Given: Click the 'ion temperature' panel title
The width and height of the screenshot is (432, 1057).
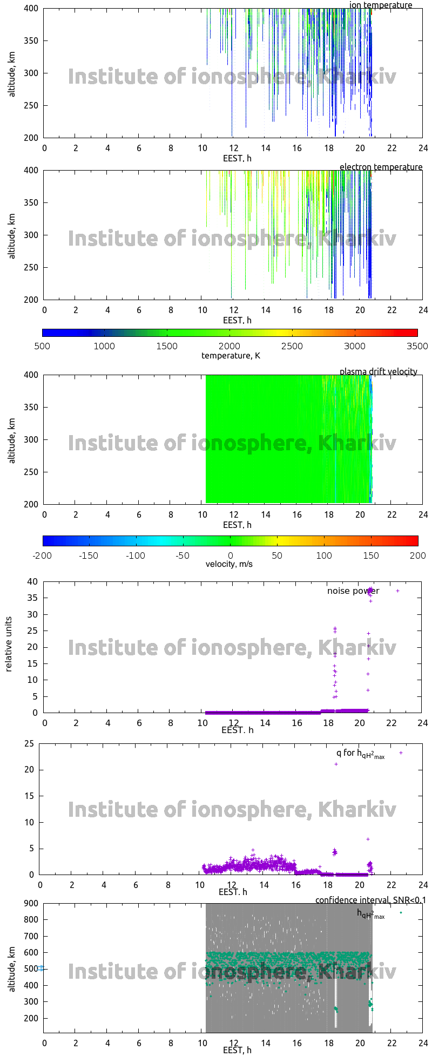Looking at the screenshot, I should (x=381, y=5).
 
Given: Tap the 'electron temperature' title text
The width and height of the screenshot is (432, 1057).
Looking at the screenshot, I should (x=381, y=167).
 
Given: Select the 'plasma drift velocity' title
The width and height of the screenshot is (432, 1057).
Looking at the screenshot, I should (x=378, y=372).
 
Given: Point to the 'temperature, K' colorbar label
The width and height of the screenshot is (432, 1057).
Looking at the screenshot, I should (x=231, y=356).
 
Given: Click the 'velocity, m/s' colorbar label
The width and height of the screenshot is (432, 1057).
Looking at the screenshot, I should (x=229, y=564).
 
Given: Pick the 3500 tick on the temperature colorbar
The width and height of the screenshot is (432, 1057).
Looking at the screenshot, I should (x=416, y=347).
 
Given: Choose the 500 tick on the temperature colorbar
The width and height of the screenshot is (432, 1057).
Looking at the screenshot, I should (x=42, y=347).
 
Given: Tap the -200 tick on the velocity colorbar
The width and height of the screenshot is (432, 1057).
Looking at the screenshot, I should (x=42, y=555).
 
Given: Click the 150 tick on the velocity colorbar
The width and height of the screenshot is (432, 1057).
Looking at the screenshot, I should (x=370, y=555).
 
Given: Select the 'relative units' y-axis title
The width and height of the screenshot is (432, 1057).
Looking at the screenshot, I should (x=9, y=647).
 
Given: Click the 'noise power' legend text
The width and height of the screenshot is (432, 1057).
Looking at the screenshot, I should (x=353, y=591).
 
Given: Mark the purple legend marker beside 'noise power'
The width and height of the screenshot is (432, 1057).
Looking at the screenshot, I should (x=398, y=591).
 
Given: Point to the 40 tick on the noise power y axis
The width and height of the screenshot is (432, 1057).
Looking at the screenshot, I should (x=33, y=582).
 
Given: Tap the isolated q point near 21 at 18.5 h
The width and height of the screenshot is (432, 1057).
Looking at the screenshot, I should (x=336, y=764).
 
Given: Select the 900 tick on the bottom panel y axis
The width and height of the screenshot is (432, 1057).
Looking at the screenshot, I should (x=31, y=903).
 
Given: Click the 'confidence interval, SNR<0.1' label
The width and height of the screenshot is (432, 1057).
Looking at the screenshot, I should (x=370, y=900).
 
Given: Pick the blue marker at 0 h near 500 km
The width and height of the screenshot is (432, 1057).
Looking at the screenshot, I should (x=41, y=968).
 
